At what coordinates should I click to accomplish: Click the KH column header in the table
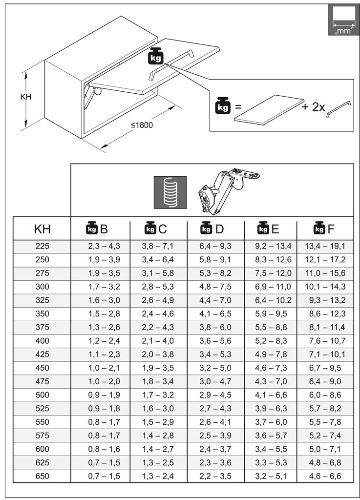[x=42, y=229]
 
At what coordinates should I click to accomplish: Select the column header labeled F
[x=325, y=229]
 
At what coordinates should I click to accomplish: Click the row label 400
[x=42, y=340]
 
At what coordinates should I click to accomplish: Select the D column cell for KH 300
[x=215, y=287]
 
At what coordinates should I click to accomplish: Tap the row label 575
[x=42, y=435]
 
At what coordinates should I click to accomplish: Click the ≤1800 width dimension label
[x=142, y=125]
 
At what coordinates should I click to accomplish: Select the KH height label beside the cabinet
[x=26, y=97]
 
